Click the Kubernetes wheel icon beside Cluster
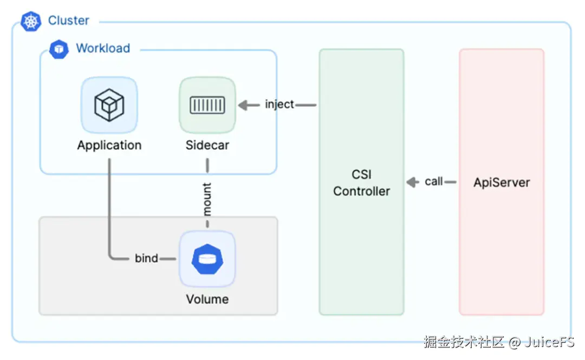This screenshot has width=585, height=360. click(31, 21)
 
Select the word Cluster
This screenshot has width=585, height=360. click(69, 21)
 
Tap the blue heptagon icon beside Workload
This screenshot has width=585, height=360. click(58, 49)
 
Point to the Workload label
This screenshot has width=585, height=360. click(103, 48)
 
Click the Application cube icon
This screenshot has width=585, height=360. click(109, 105)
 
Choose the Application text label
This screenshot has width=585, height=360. click(109, 145)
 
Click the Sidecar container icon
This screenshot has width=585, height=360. click(207, 105)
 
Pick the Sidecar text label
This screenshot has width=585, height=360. click(207, 145)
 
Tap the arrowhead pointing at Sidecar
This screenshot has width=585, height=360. click(242, 104)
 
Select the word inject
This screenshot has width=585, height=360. click(279, 104)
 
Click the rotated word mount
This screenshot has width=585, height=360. click(207, 199)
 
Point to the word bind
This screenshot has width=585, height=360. click(147, 258)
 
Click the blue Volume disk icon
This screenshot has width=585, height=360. click(207, 259)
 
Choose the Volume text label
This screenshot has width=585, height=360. click(207, 299)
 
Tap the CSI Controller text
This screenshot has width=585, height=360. click(361, 183)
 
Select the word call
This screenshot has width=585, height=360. click(434, 182)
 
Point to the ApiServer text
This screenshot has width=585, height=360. click(502, 182)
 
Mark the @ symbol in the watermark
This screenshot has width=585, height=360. click(515, 342)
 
